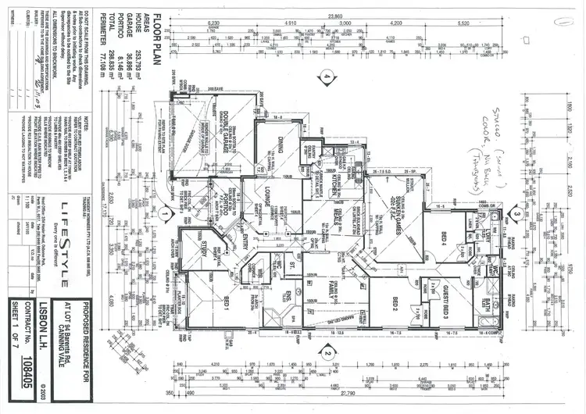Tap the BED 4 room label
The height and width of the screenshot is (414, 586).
click(442, 236)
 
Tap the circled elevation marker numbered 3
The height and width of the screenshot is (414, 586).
click(517, 212)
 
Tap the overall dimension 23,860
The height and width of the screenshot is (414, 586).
click(335, 15)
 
